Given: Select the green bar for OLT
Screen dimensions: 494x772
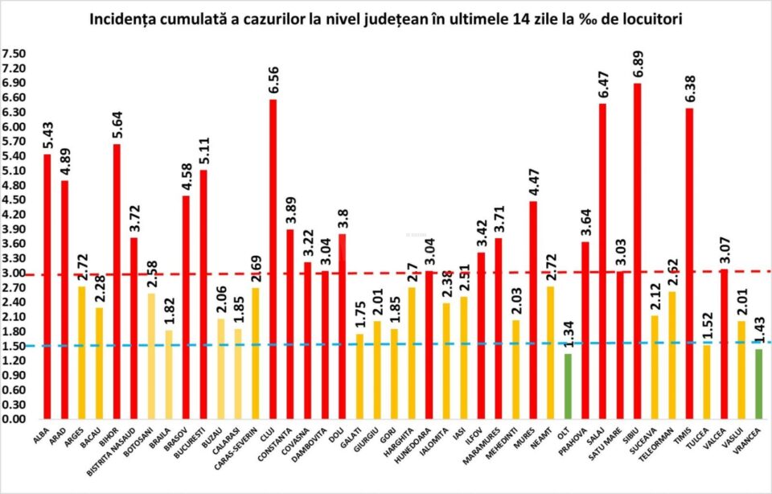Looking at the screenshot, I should (569, 386).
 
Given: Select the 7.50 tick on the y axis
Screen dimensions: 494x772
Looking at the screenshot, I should (14, 54).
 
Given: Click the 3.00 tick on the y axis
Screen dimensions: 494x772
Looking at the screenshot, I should (14, 273).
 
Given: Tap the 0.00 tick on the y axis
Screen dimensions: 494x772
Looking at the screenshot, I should (14, 419).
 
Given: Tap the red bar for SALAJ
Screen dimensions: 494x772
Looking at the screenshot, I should (602, 261).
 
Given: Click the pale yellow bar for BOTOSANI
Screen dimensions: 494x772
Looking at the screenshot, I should (151, 356).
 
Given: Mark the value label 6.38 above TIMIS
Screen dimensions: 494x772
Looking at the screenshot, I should (691, 88).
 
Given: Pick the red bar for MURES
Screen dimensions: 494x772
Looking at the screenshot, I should (533, 310).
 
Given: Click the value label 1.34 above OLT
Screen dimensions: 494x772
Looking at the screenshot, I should (569, 333).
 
